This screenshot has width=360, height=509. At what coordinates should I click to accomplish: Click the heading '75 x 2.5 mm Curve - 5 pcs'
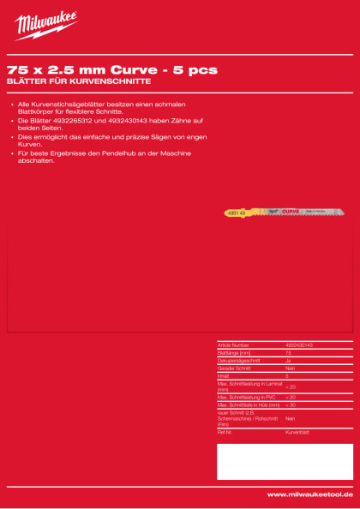pos(111,69)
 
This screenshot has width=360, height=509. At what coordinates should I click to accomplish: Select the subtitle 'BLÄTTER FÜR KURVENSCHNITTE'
pos(79,81)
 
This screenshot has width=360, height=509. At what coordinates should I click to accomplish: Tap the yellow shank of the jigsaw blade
pos(238,211)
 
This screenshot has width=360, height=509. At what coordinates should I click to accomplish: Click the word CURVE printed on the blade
pos(291,211)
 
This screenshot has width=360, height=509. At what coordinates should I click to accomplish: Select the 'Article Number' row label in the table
pos(233,344)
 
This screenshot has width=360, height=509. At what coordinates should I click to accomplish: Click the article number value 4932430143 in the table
pos(299,344)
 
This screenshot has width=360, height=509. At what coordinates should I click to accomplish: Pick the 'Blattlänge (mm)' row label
pos(234,352)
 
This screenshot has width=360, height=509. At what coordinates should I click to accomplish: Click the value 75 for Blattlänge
pos(289,352)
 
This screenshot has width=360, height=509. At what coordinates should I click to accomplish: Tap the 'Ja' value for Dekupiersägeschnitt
pos(288,360)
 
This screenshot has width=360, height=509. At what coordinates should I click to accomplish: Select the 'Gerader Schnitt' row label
pos(232,368)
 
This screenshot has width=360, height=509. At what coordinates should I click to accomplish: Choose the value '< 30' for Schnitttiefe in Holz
pos(291,404)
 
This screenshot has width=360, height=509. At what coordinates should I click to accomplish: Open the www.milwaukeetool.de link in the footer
pos(309,494)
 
